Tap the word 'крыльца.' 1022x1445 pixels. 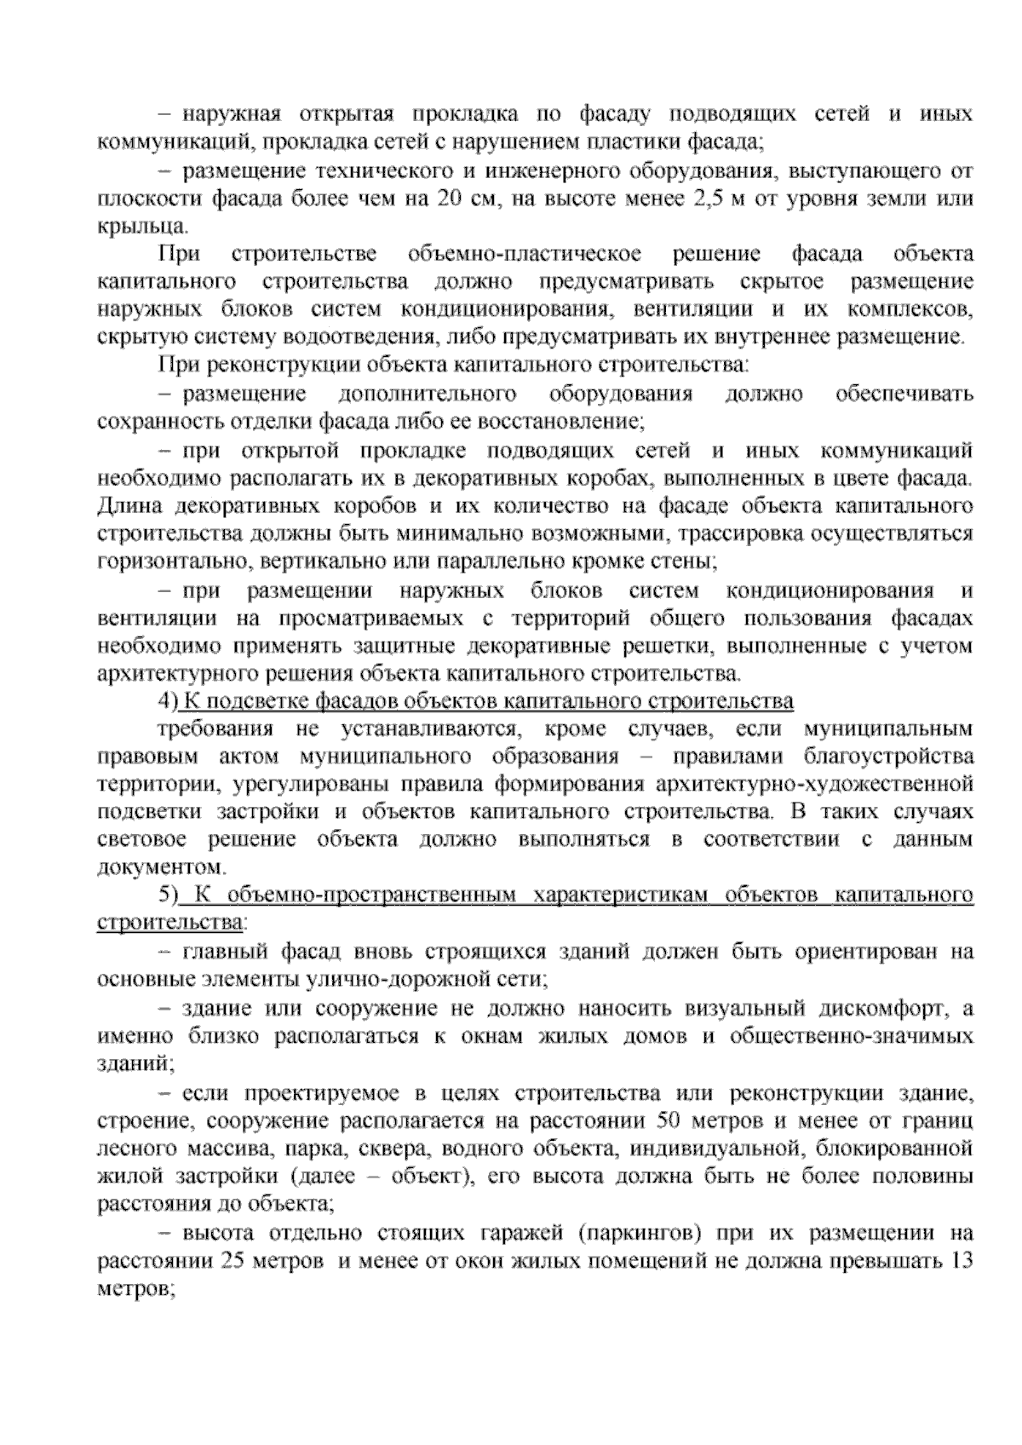(x=143, y=227)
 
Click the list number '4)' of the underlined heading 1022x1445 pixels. (x=168, y=701)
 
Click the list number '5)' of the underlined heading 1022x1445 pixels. (x=168, y=895)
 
